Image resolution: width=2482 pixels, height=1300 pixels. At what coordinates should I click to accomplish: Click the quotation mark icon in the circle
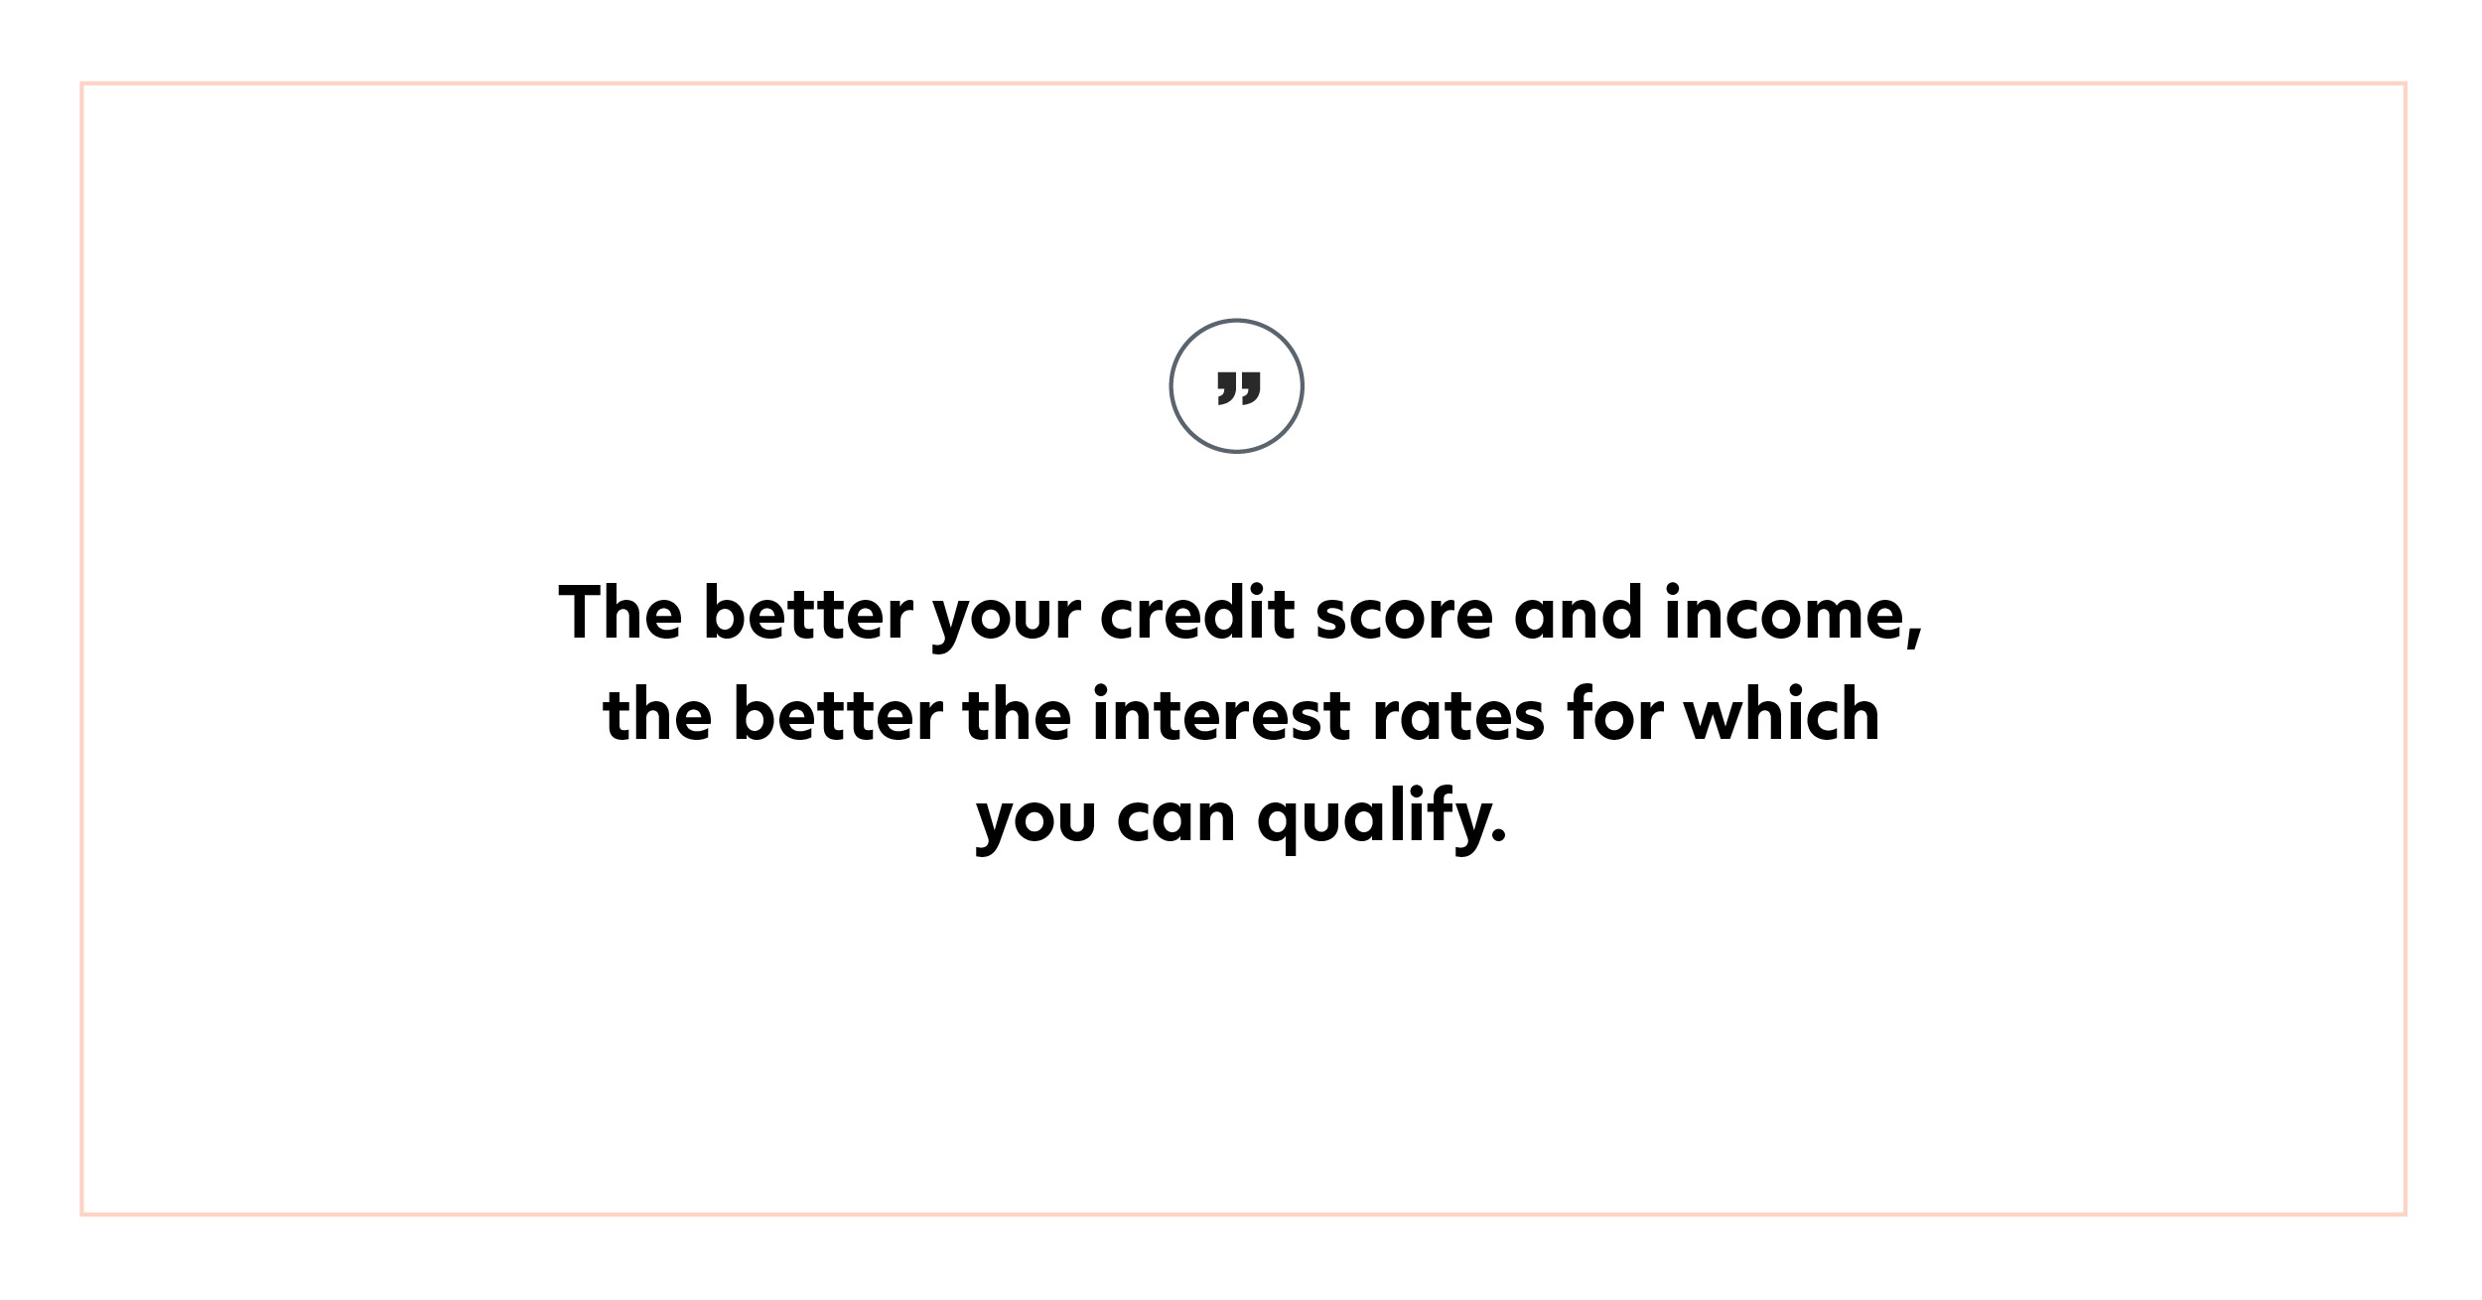pos(1238,388)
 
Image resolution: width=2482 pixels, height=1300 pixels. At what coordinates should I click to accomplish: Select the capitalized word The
pos(620,612)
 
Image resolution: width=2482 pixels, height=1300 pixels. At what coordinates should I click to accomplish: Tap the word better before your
pos(808,612)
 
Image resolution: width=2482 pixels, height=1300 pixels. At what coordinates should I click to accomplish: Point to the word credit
pos(1197,612)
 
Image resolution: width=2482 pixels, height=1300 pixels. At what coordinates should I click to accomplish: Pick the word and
pos(1578,612)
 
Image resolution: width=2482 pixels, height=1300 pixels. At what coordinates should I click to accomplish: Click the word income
pos(1784,612)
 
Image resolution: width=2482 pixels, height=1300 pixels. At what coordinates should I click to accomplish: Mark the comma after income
pos(1915,634)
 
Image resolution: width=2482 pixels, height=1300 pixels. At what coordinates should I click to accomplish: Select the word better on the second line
pos(838,713)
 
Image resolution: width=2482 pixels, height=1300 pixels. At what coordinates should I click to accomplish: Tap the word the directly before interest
pos(1018,713)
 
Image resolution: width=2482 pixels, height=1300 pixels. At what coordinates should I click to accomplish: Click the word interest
pos(1221,713)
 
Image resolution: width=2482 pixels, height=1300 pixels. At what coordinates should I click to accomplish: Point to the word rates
pos(1458,717)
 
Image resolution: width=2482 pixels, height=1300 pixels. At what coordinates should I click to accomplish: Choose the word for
pos(1614,713)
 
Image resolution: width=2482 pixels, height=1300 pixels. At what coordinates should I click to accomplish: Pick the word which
pos(1781,713)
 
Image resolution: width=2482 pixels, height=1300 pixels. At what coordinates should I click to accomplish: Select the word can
pos(1176,819)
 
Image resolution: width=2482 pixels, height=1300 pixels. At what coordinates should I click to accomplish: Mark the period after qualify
pos(1499,835)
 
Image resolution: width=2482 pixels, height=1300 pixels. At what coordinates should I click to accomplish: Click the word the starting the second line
pos(657,713)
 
